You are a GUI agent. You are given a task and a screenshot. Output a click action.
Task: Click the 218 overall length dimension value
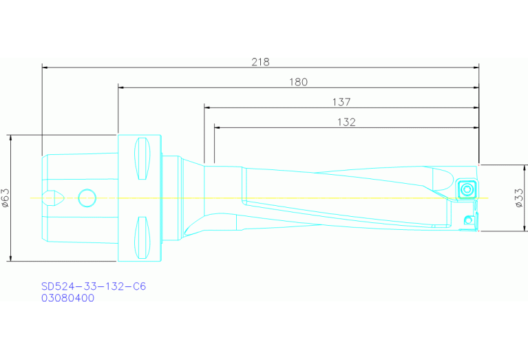[x=260, y=61]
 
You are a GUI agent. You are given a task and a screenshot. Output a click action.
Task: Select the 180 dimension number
[x=297, y=82]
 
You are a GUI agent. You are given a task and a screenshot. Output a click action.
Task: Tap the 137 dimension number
[x=341, y=102]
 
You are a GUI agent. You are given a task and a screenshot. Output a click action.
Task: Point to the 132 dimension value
[x=346, y=122]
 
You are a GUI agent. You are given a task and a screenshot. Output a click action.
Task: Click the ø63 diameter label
[x=6, y=198]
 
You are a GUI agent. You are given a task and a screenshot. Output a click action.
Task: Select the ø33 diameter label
[x=518, y=198]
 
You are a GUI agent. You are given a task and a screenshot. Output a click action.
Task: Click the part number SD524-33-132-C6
[x=94, y=286]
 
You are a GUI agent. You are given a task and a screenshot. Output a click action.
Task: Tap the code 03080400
[x=67, y=298]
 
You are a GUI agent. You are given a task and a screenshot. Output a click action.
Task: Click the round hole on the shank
[x=87, y=198]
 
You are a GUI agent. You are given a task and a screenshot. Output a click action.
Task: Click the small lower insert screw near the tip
[x=468, y=220]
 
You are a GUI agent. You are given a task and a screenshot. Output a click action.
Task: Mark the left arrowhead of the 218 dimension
[x=45, y=67]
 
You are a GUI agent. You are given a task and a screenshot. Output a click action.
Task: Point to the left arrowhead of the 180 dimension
[x=121, y=87]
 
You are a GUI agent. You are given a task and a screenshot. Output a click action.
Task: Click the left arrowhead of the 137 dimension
[x=207, y=107]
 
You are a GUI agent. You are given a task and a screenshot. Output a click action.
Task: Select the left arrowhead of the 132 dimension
[x=218, y=127]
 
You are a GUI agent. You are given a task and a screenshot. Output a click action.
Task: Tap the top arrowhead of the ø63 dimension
[x=11, y=138]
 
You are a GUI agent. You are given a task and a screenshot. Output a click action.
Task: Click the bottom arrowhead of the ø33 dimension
[x=509, y=228]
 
